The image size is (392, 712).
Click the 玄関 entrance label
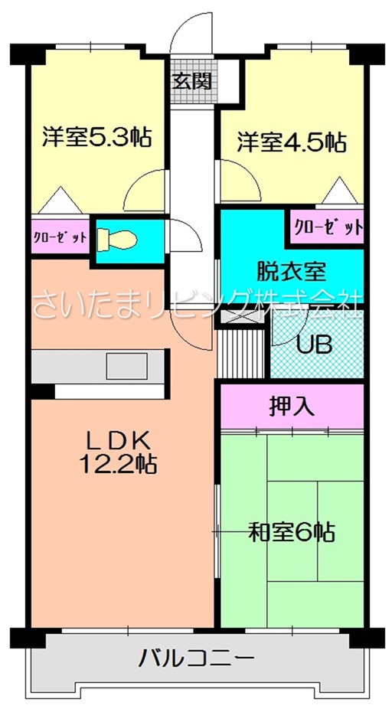(x=193, y=81)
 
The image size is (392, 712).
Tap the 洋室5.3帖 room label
(x=96, y=137)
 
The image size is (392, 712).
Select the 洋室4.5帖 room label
(x=291, y=142)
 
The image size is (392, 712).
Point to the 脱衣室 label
(x=292, y=272)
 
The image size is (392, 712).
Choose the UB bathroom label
(x=315, y=345)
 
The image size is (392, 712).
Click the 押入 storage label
(x=292, y=407)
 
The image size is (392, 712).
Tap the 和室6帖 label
(x=292, y=532)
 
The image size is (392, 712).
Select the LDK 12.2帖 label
(x=118, y=451)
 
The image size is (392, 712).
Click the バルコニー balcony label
(x=196, y=658)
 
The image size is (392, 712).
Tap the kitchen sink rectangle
(x=127, y=366)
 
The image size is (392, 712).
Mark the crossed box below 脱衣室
(x=243, y=316)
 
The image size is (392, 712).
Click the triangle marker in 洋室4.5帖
(x=339, y=190)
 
